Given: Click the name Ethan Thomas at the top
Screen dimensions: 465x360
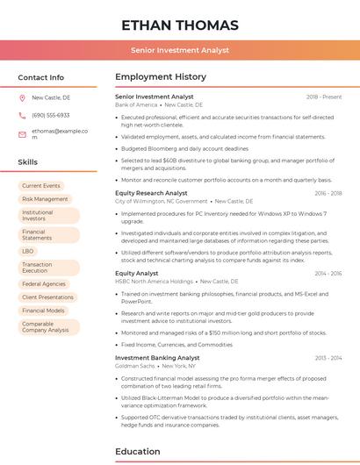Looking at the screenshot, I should pos(180,25).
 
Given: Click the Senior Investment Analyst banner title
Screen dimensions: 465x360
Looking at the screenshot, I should pos(180,50).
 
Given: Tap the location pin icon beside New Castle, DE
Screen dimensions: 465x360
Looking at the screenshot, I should pos(23,98).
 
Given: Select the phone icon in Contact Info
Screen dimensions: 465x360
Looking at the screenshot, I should pos(23,115).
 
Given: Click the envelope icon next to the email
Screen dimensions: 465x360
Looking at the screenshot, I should pos(23,133).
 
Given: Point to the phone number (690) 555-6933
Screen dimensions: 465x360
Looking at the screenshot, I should pos(50,115).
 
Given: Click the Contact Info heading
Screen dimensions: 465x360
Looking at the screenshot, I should pos(41,77).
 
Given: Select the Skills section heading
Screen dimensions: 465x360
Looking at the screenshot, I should pos(28,162).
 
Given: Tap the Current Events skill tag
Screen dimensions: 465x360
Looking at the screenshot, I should pos(41,186).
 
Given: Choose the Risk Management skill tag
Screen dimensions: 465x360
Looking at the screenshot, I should pos(45,199).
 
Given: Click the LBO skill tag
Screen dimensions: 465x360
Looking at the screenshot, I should pos(28,251).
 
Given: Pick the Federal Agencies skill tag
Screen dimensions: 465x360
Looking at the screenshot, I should pos(44,284).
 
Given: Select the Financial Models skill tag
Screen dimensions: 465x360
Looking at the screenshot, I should pos(43,311).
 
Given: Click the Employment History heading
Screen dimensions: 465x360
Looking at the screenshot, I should pos(161,77).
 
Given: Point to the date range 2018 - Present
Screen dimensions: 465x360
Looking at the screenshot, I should pos(324,97).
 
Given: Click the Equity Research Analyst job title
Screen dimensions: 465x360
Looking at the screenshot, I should pos(151,193).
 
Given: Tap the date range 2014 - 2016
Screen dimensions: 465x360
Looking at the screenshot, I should pos(328,274).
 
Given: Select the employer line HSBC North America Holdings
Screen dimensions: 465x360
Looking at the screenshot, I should pos(155,282).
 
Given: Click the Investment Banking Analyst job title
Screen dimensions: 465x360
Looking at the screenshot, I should pos(157,358).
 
